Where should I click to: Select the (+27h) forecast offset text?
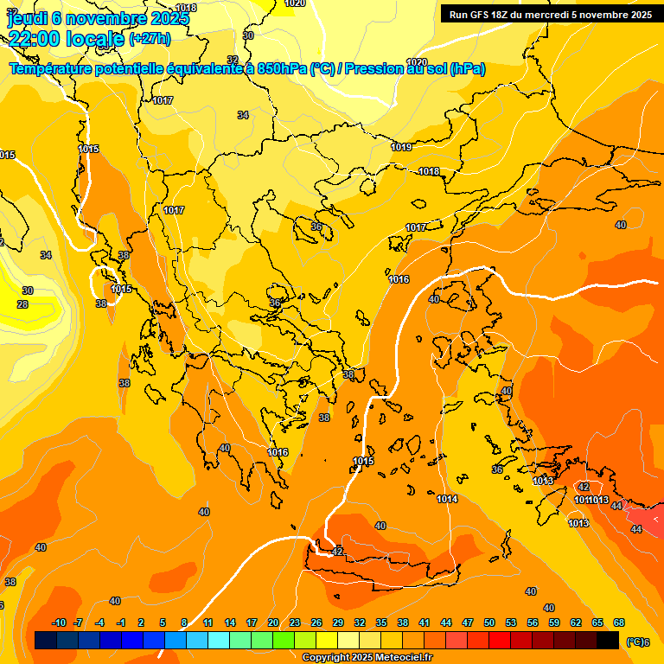(150, 39)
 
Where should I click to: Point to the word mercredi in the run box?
(548, 15)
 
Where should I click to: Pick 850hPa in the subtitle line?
(282, 69)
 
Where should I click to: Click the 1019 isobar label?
(401, 148)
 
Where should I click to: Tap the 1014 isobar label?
(447, 500)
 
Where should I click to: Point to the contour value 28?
(22, 304)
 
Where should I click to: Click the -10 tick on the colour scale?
(59, 623)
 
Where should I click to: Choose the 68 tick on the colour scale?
(619, 623)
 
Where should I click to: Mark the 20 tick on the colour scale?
(273, 623)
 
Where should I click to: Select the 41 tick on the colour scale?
(425, 623)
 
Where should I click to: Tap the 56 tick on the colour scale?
(533, 623)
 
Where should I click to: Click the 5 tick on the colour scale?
(163, 623)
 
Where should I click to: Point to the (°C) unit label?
(635, 641)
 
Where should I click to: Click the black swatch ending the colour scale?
(608, 641)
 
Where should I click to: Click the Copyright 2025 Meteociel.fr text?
(367, 658)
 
